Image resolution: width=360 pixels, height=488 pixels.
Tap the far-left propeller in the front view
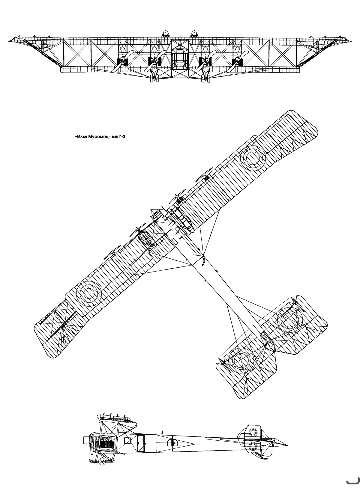click(122, 61)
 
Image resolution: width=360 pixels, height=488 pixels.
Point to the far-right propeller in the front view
click(237, 61)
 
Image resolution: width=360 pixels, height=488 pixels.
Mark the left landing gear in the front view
click(154, 76)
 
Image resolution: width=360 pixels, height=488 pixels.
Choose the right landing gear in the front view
click(205, 76)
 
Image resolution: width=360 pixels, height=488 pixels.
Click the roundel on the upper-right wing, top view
click(253, 158)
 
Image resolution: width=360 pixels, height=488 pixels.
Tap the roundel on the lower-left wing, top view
click(89, 293)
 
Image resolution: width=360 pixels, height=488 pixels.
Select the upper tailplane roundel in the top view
click(290, 320)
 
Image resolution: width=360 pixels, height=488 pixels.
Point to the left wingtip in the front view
click(9, 41)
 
